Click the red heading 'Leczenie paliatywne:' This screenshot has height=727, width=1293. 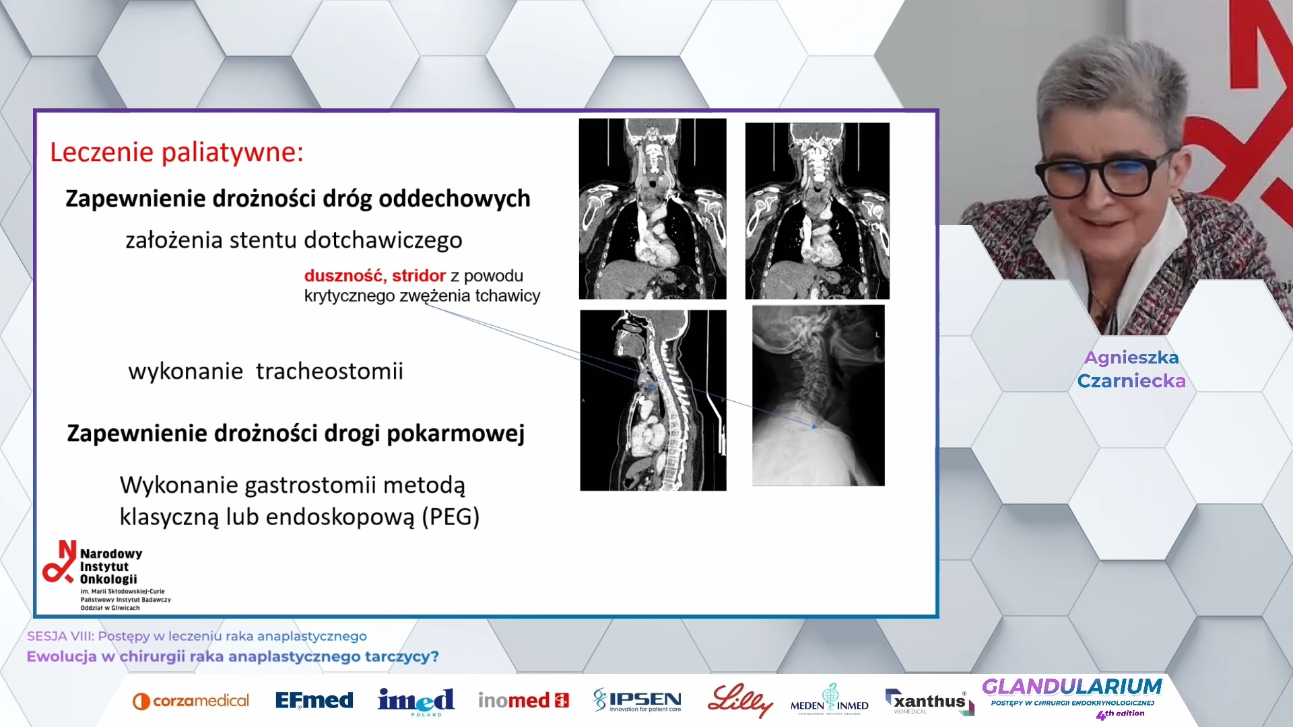point(177,152)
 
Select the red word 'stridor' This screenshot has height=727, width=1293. point(419,275)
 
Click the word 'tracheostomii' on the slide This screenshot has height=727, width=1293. point(329,371)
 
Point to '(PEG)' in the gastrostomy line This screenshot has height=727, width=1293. point(451,517)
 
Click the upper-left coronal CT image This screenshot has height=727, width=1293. point(653,209)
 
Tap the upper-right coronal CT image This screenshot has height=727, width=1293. point(817,211)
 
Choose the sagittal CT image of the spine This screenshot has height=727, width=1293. point(653,401)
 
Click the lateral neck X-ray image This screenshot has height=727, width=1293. point(818,395)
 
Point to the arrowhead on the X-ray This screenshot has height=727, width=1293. point(815,426)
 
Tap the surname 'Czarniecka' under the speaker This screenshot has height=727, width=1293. point(1131,381)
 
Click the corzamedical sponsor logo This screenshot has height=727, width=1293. point(191,701)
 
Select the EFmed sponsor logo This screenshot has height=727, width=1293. point(314,701)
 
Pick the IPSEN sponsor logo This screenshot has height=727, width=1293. point(637,700)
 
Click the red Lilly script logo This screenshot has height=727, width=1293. point(740,701)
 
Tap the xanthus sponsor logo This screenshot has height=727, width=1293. point(930,701)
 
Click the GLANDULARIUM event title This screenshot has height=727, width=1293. point(1072,687)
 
